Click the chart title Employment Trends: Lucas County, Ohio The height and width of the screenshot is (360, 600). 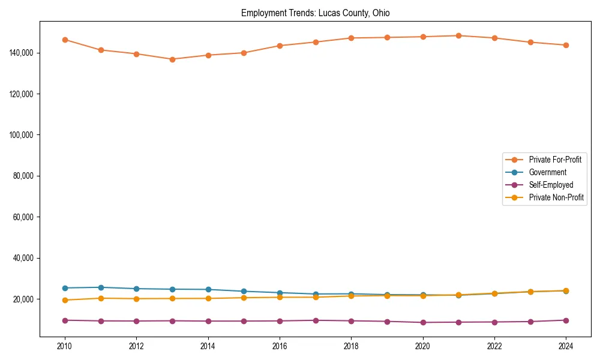click(315, 13)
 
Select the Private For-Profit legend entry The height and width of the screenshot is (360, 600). click(555, 160)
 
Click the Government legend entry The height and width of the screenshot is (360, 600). click(547, 172)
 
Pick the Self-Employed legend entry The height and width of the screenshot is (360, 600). click(551, 185)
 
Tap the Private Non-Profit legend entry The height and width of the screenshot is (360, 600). click(556, 197)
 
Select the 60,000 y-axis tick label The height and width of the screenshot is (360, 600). click(22, 217)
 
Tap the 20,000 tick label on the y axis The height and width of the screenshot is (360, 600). click(22, 299)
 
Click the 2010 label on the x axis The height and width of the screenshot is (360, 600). click(65, 346)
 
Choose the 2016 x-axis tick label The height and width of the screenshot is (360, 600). click(280, 346)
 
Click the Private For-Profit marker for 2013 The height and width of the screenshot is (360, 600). click(172, 59)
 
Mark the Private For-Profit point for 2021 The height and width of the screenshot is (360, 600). click(458, 35)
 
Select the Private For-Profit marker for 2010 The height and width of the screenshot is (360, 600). click(65, 40)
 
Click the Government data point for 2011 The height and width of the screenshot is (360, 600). click(101, 287)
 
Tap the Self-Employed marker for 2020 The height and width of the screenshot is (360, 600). click(423, 322)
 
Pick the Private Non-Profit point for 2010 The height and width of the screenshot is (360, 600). click(65, 300)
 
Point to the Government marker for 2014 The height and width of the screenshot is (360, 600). click(208, 289)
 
